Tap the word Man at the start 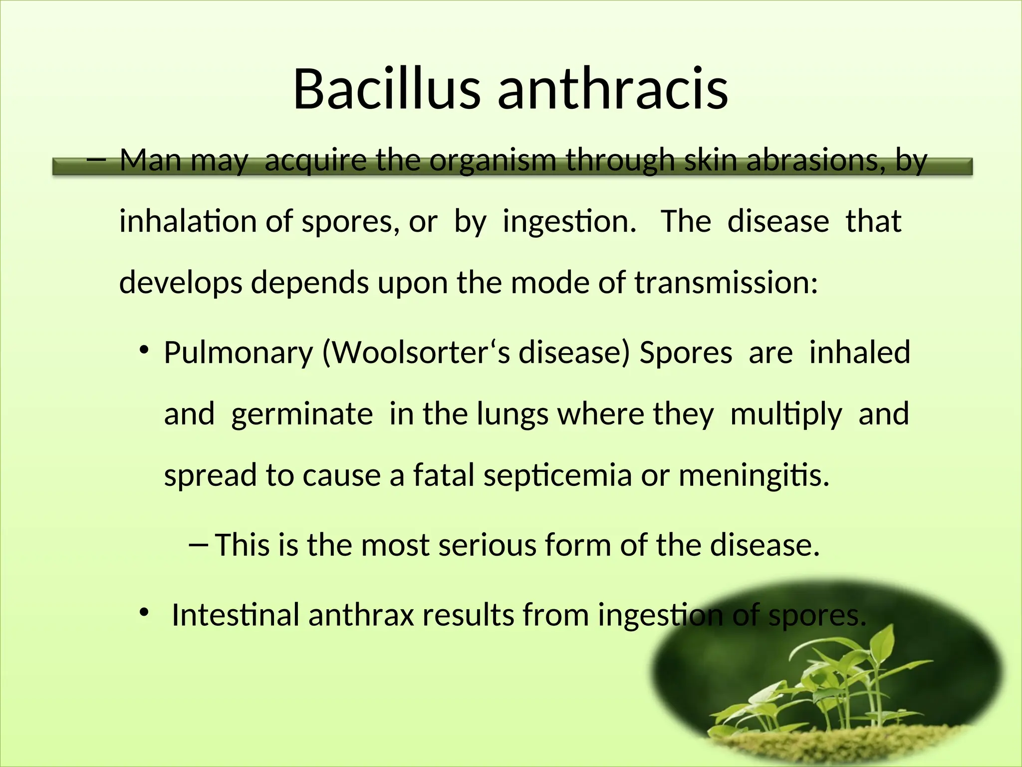[x=150, y=161]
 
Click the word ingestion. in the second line [x=569, y=222]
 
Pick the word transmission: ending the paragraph [x=726, y=283]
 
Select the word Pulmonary [x=239, y=353]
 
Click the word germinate [x=302, y=415]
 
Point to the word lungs [x=512, y=415]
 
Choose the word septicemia [x=557, y=476]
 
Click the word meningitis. [x=754, y=476]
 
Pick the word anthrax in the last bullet [x=361, y=615]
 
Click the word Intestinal [x=235, y=615]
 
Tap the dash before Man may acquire [x=96, y=161]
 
